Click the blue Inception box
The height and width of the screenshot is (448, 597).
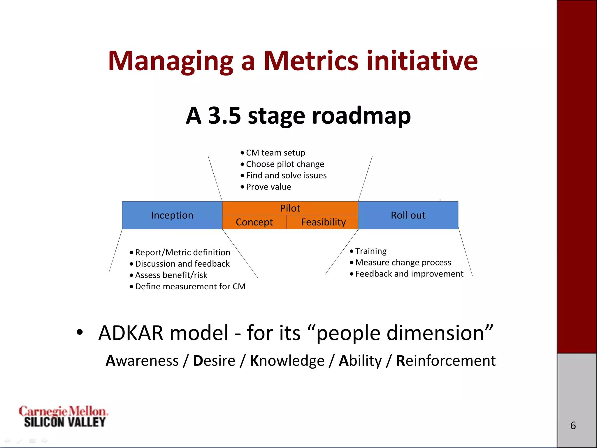[x=172, y=215]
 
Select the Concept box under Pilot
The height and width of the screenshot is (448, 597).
[x=254, y=222]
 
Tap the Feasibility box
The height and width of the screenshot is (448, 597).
[x=323, y=222]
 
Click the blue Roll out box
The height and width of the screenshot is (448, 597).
[x=408, y=215]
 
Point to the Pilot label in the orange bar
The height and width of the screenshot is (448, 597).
[x=290, y=208]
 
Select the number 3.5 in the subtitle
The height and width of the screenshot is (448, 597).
[x=224, y=116]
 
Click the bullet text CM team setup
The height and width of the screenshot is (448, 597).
[x=275, y=153]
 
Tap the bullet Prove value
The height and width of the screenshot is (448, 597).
[x=268, y=187]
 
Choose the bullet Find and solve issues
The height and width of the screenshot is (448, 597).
[x=286, y=176]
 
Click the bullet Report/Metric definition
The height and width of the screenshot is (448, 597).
[x=182, y=253]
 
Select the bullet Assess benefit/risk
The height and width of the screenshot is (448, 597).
[x=171, y=275]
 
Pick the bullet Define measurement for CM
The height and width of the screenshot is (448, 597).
[x=190, y=287]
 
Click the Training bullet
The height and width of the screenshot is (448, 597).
[x=371, y=251]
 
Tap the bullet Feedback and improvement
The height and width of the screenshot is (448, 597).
[x=409, y=274]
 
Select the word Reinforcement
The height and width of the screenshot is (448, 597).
[x=446, y=361]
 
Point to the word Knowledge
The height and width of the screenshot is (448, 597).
[x=287, y=361]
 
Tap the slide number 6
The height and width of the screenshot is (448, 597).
[x=573, y=426]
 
